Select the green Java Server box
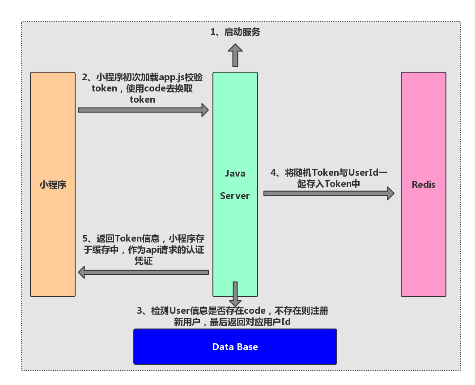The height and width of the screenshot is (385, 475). [x=235, y=134]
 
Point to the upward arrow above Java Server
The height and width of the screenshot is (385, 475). [x=234, y=56]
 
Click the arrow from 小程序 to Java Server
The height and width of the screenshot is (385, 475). [x=143, y=110]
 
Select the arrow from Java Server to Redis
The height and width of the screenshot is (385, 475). [x=329, y=193]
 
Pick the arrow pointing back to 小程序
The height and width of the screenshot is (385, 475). [x=143, y=272]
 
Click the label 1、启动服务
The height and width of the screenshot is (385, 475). [x=235, y=32]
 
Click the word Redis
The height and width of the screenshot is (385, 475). [x=423, y=185]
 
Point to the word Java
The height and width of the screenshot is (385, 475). [x=235, y=173]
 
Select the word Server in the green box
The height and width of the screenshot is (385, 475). [x=235, y=196]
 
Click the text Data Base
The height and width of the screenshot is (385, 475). [x=235, y=347]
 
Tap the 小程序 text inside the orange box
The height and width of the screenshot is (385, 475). [x=53, y=185]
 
